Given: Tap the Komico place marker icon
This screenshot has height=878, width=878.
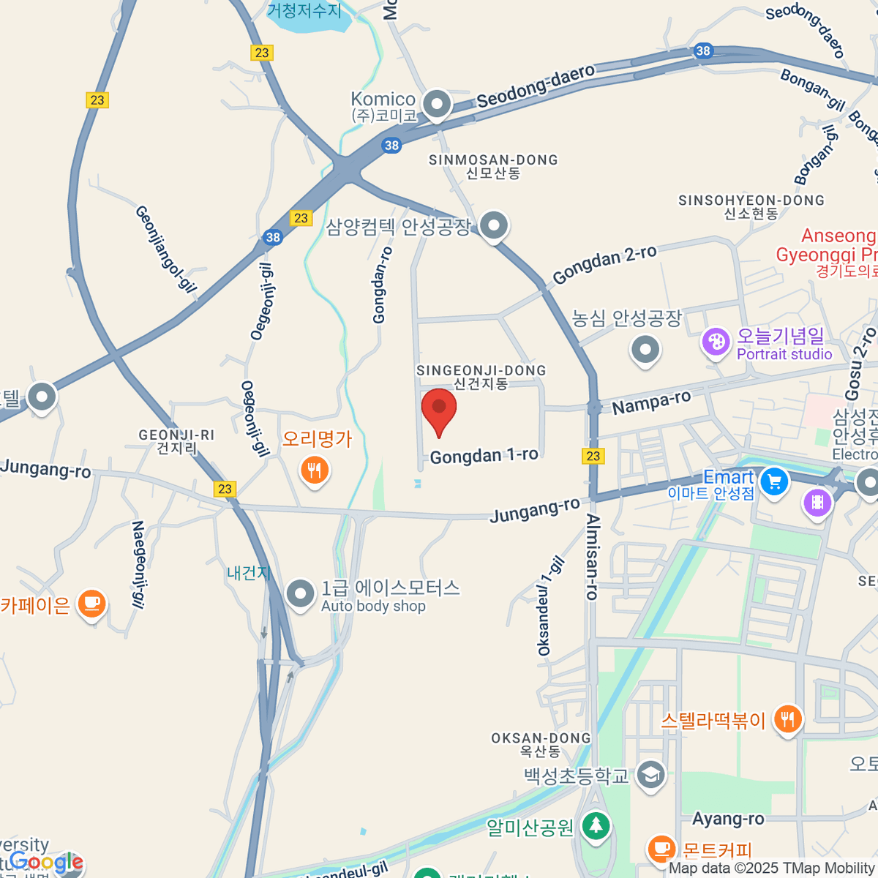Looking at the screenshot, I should tap(437, 105).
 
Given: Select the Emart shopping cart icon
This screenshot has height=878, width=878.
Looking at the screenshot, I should tap(773, 481).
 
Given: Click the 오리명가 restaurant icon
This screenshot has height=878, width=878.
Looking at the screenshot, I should tap(315, 470).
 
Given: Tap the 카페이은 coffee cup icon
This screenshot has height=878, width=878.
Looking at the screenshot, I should tap(91, 604).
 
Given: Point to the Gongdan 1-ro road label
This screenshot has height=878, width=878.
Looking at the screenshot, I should tap(484, 456).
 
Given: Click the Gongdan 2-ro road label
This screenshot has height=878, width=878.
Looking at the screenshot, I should tap(604, 264).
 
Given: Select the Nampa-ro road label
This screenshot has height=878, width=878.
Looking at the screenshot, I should tap(651, 402).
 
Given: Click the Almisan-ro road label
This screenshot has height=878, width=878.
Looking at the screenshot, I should tap(593, 556).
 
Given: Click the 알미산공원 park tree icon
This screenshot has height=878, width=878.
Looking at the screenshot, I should tap(596, 826).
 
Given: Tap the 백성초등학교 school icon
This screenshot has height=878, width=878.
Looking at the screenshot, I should tap(650, 775).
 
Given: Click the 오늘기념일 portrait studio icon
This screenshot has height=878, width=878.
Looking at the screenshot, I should tap(716, 342).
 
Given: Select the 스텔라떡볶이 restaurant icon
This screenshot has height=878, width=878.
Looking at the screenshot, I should tap(787, 719).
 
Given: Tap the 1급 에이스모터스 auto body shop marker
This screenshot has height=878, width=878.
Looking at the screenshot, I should tap(300, 594).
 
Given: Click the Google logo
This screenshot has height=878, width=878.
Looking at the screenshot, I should tap(46, 862).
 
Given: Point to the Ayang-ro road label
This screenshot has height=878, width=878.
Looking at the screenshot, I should tap(728, 819).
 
